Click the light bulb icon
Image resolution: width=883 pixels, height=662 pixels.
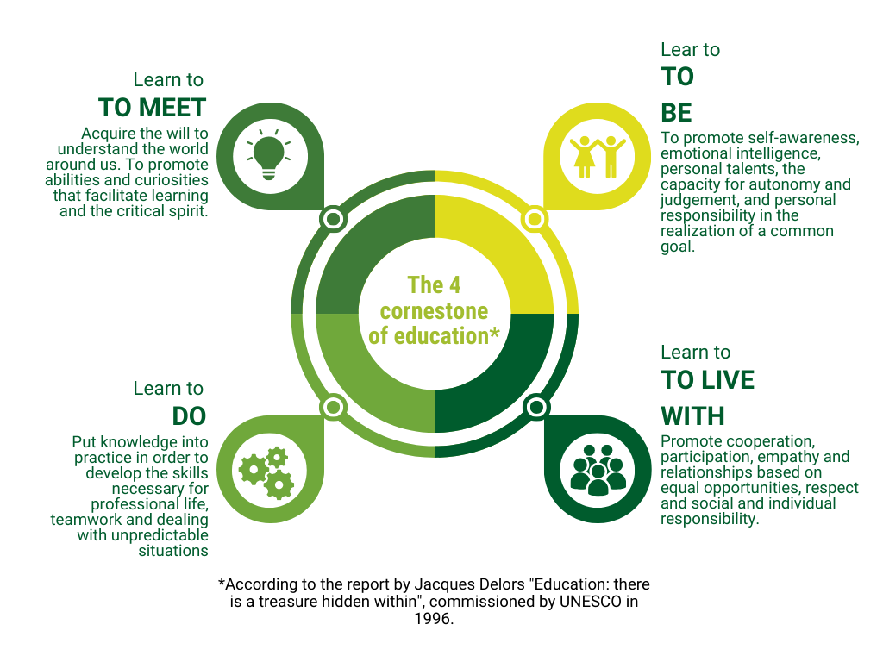click(x=267, y=155)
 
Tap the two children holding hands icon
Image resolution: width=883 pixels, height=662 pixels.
click(x=598, y=156)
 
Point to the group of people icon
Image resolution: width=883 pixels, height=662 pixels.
click(x=598, y=469)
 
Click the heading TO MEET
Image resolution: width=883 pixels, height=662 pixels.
click(x=152, y=108)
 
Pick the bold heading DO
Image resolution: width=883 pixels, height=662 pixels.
click(x=190, y=416)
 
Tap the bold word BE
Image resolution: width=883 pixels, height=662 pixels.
click(x=677, y=113)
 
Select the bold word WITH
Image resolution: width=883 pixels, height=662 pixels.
click(x=692, y=416)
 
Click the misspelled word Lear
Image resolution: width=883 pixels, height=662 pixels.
click(x=678, y=50)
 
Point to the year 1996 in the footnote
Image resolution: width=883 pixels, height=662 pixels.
click(x=434, y=619)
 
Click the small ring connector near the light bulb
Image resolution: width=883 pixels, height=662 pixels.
click(x=333, y=219)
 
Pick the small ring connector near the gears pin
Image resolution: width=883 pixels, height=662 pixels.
click(x=333, y=406)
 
